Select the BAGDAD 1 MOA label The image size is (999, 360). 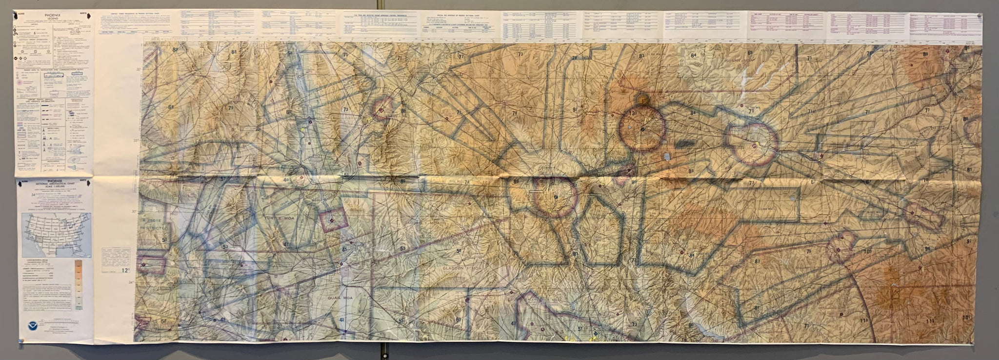423,222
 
